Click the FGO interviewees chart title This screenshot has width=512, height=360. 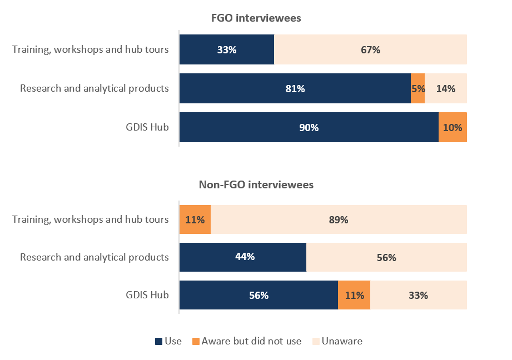click(256, 18)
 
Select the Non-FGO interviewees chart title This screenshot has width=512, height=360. click(256, 185)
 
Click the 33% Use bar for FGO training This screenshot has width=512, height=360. click(227, 49)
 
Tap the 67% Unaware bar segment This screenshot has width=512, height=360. click(370, 49)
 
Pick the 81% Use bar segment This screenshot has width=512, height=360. click(295, 88)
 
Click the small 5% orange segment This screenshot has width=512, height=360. click(418, 88)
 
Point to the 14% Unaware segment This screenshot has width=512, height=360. click(446, 88)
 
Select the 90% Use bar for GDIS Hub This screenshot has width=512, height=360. click(309, 127)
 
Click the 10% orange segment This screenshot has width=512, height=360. click(453, 127)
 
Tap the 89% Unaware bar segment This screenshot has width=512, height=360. click(339, 219)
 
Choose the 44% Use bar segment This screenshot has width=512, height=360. click(242, 257)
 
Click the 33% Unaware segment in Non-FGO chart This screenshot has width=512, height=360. click(418, 295)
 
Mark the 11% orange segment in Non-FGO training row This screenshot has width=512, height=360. click(195, 219)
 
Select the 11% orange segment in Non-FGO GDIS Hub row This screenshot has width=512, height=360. click(354, 295)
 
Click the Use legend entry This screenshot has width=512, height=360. click(168, 341)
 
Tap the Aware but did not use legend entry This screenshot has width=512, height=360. click(247, 341)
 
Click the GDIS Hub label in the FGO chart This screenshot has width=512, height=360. click(147, 127)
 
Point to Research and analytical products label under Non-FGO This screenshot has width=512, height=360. click(94, 257)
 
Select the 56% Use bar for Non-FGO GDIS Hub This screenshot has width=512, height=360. click(259, 295)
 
